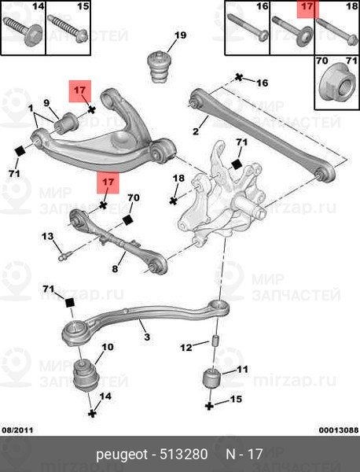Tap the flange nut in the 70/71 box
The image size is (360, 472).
[x=337, y=86]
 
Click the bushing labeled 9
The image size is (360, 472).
[x=66, y=124]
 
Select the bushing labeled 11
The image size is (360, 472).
[x=212, y=378]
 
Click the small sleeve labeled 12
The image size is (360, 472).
[x=215, y=341]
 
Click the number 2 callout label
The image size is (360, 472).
[x=196, y=131]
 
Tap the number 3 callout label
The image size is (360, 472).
[x=147, y=337]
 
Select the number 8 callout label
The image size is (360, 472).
[x=115, y=268]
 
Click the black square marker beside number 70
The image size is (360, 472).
[x=127, y=220]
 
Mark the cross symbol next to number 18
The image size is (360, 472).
[x=173, y=201]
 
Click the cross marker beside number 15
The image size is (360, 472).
[x=209, y=406]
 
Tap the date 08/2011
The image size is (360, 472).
[x=17, y=430]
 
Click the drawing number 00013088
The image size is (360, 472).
[x=339, y=430]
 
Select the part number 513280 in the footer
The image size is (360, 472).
[x=184, y=454]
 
